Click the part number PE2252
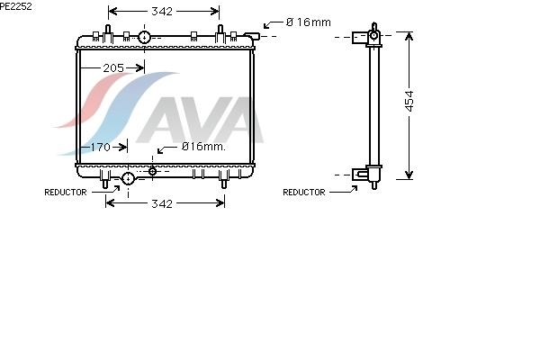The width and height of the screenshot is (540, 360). tap(16, 6)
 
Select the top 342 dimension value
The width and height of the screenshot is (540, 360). tap(162, 12)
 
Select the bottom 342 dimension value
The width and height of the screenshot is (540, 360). tap(162, 203)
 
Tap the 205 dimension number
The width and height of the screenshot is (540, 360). tap(113, 67)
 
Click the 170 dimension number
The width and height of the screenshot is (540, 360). tap(100, 147)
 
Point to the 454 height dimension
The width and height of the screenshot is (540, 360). tap(409, 101)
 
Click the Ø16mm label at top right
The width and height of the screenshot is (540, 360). tap(309, 22)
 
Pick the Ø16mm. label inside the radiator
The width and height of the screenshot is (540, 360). tap(203, 147)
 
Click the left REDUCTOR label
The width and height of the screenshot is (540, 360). tap(66, 192)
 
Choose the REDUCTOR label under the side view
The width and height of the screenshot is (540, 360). tap(304, 192)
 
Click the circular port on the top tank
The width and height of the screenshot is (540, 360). tap(144, 37)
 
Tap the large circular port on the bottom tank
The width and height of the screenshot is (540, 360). tap(128, 178)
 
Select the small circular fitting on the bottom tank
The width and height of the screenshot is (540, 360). tap(152, 171)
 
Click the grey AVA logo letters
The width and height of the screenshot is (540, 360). tap(201, 120)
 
